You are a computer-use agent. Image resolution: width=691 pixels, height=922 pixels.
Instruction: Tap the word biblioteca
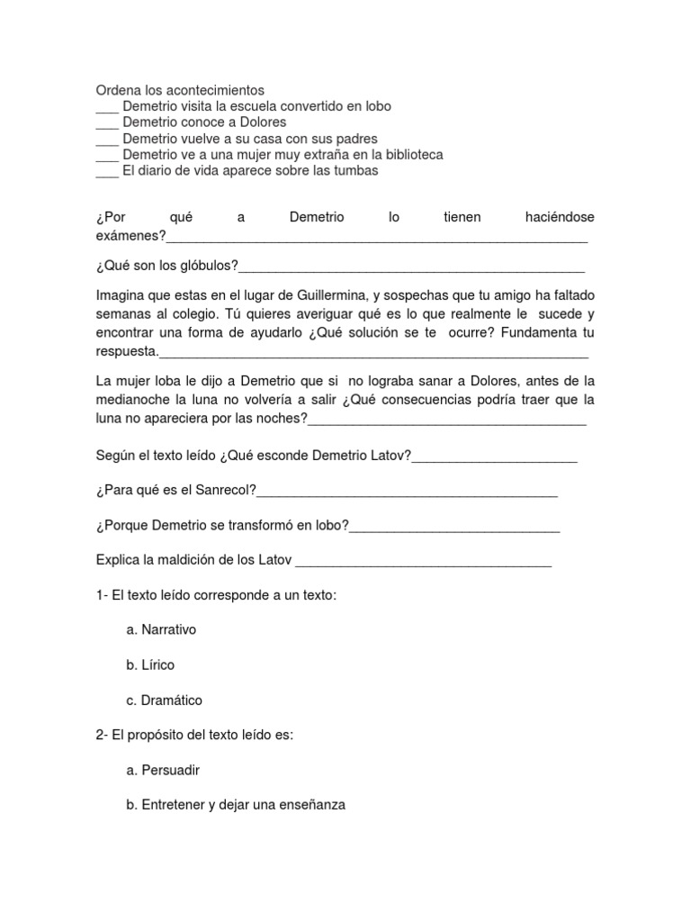tap(409, 155)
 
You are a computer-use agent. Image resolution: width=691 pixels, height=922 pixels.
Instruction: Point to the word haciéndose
tap(559, 218)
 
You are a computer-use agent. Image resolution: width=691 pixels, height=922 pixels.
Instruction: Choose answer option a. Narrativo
tap(161, 629)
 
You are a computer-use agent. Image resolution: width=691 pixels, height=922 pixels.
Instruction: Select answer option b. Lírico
tap(150, 664)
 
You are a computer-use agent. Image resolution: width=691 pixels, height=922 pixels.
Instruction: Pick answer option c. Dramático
tap(165, 700)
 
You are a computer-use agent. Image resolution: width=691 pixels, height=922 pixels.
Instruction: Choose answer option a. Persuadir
tap(163, 770)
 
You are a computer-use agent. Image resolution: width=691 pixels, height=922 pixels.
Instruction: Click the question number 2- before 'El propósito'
tap(102, 735)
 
